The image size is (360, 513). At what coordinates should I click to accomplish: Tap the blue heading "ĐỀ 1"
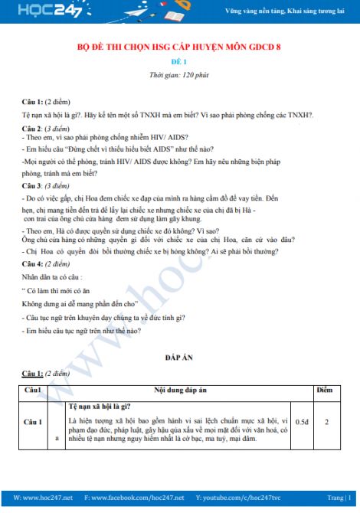click(180, 62)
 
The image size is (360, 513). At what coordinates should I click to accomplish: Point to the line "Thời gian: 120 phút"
click(180, 75)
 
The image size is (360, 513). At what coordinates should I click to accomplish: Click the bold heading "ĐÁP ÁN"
click(180, 358)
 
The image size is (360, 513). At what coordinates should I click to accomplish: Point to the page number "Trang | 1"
click(337, 498)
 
